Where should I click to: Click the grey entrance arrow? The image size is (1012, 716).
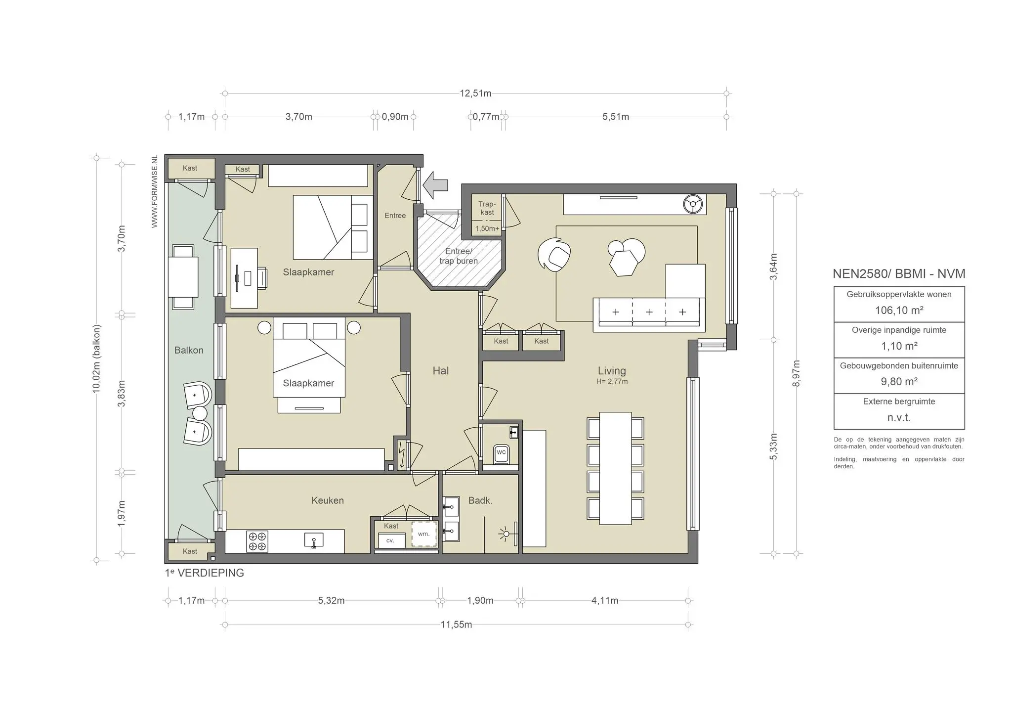click(436, 185)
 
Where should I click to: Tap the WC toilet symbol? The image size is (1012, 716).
click(501, 453)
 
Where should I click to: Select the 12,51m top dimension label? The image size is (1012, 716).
click(475, 93)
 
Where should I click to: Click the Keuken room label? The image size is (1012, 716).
click(327, 500)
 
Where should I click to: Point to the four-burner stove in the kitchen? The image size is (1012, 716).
click(257, 541)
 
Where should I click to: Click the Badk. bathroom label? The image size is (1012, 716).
click(480, 500)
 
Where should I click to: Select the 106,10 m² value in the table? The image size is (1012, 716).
click(899, 311)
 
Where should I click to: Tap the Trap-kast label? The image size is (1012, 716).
click(487, 208)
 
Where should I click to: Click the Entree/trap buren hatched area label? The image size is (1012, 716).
click(459, 256)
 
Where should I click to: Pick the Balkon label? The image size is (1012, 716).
click(189, 350)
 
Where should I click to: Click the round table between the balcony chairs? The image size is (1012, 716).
click(200, 413)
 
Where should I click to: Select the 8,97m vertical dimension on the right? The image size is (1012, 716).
click(796, 374)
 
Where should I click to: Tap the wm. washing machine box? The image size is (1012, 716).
click(424, 534)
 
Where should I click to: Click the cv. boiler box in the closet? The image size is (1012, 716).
click(391, 540)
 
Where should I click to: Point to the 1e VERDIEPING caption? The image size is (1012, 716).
click(205, 573)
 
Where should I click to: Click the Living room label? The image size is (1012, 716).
click(612, 371)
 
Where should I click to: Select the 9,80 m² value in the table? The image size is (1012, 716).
click(899, 382)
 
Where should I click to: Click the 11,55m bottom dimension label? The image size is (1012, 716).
click(456, 625)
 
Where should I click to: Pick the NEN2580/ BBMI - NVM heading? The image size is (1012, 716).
click(899, 274)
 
